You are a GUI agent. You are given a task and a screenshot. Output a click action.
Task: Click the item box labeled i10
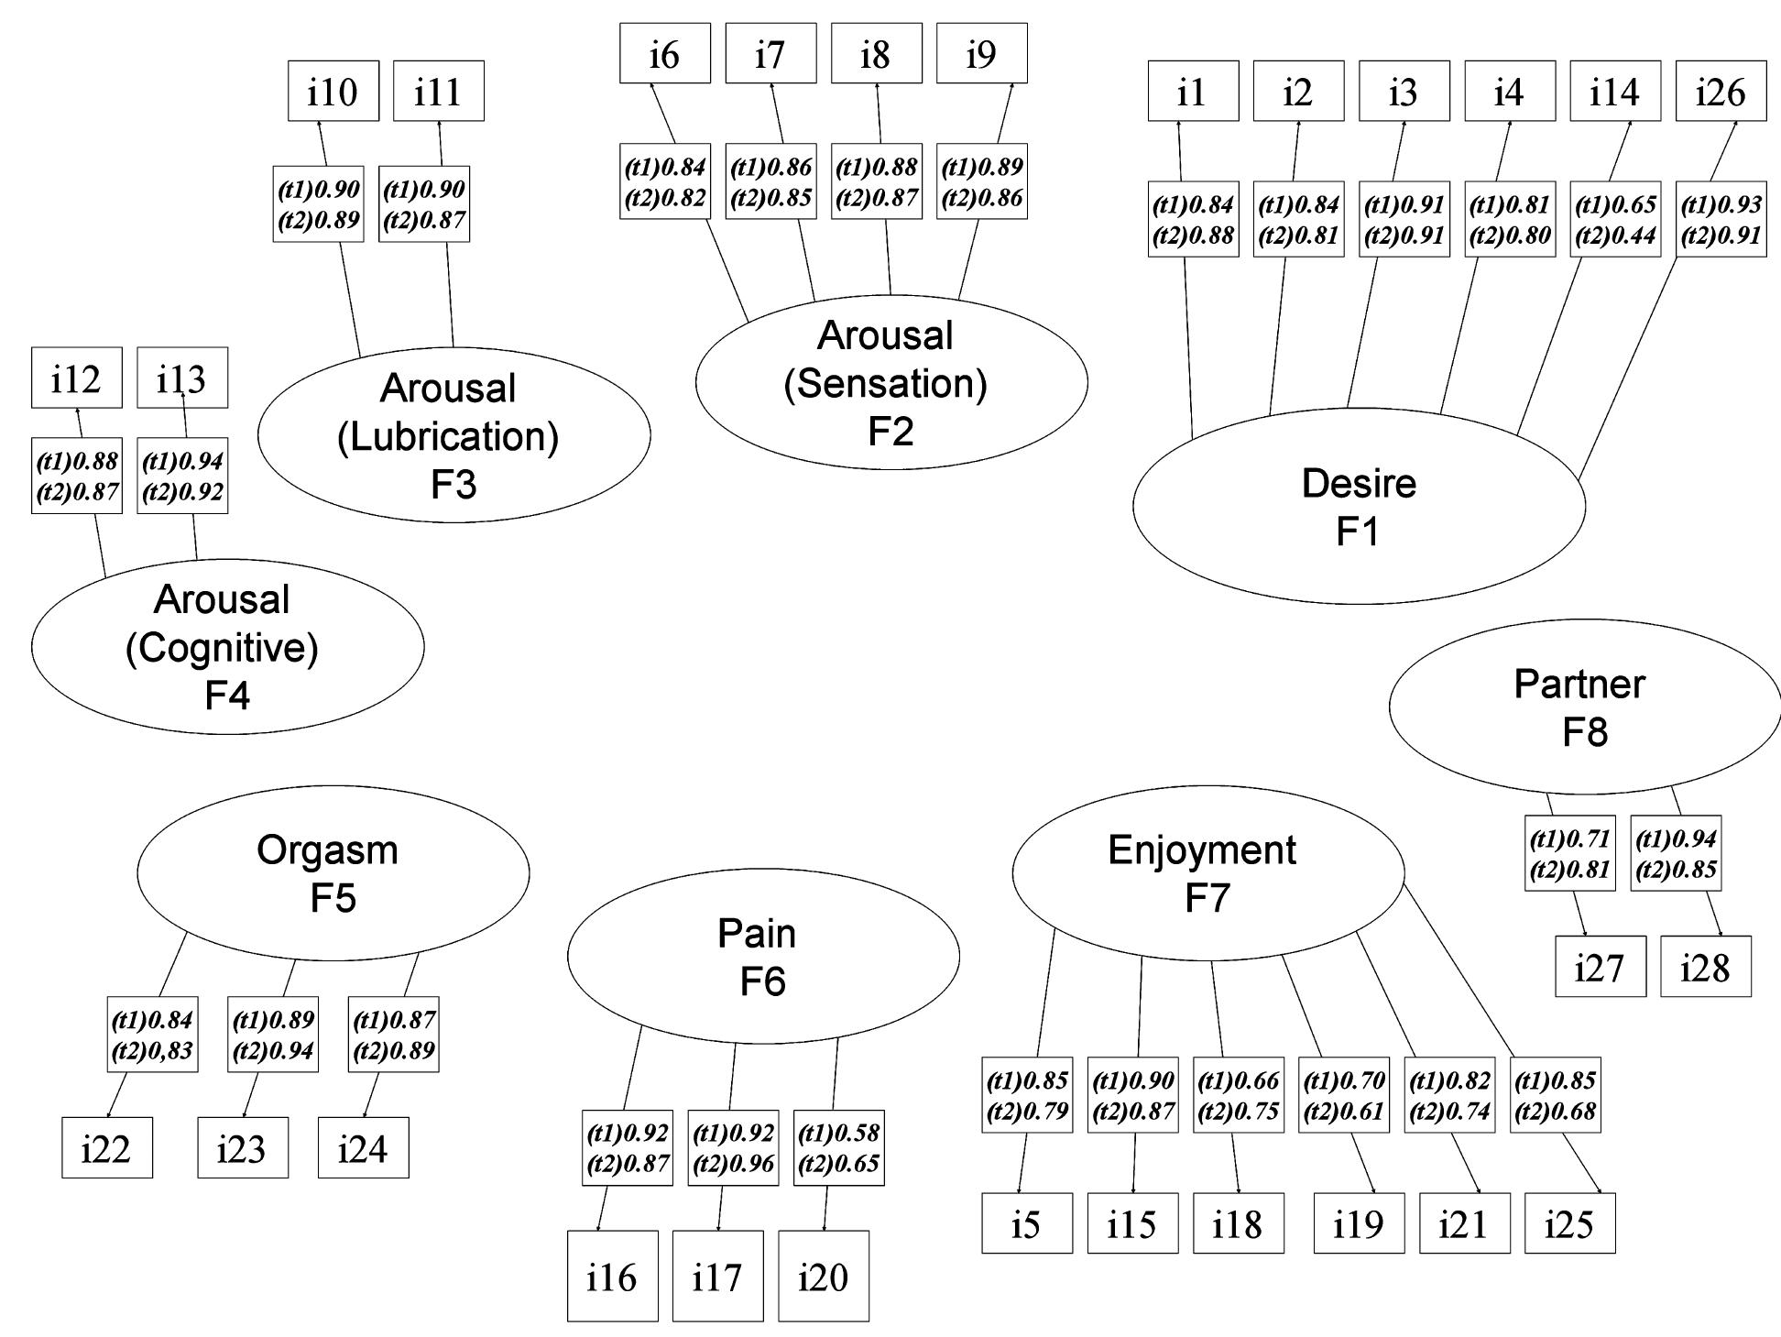333,91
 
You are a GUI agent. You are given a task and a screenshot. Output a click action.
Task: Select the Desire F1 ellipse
1359,506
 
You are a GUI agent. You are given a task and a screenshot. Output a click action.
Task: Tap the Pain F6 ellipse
763,956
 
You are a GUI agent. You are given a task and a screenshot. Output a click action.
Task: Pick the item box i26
1721,91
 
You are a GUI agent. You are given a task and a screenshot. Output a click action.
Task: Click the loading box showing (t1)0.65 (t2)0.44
1615,219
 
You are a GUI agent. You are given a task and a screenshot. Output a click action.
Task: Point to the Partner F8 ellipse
1584,707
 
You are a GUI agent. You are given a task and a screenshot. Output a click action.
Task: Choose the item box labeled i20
823,1275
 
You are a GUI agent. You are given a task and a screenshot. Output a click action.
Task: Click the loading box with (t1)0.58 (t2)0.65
838,1147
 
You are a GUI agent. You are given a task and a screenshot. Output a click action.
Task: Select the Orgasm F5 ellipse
333,872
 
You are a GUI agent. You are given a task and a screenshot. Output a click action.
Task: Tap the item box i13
182,378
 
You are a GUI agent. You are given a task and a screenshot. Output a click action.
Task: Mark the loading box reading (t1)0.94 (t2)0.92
182,476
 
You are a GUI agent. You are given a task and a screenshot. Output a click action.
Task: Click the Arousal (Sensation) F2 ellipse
890,382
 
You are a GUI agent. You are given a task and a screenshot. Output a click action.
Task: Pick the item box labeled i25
1569,1222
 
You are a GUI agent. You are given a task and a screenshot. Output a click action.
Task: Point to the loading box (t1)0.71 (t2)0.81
1570,852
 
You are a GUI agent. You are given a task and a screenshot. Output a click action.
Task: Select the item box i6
664,53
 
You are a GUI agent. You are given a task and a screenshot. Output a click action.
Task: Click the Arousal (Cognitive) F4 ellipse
227,646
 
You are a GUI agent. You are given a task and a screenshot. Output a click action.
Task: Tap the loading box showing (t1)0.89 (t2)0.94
272,1034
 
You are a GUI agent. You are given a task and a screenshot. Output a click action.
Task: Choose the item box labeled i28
1705,966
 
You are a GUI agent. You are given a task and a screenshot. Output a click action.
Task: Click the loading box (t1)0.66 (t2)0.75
1238,1094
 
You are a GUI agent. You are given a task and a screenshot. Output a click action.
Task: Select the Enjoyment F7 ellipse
1207,872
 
